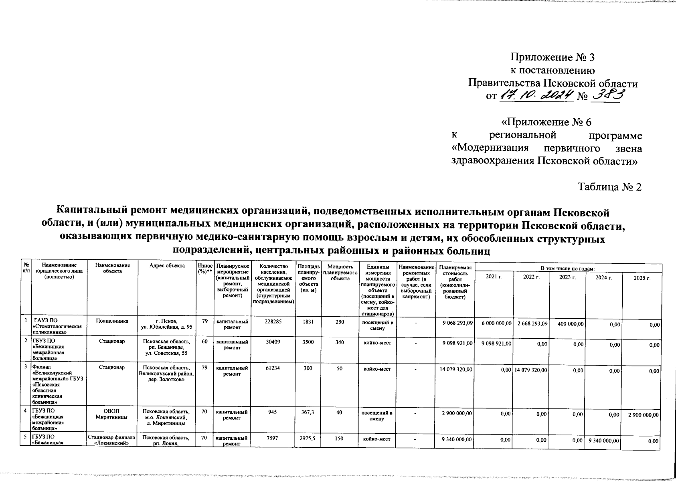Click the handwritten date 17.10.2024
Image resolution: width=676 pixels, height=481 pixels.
pyautogui.click(x=536, y=96)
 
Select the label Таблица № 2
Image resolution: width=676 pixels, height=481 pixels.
pyautogui.click(x=609, y=187)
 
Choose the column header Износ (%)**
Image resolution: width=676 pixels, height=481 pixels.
pyautogui.click(x=205, y=268)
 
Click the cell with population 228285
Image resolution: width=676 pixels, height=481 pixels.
pyautogui.click(x=274, y=321)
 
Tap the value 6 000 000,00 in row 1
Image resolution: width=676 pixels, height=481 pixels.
pyautogui.click(x=494, y=323)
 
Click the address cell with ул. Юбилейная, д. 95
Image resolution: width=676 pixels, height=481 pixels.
pyautogui.click(x=167, y=324)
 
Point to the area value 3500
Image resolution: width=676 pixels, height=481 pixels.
pyautogui.click(x=308, y=343)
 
